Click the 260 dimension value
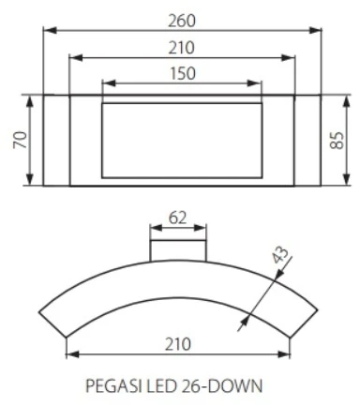(182, 21)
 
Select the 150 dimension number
(183, 74)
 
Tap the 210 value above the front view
(182, 48)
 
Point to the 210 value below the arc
(177, 344)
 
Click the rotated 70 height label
(21, 140)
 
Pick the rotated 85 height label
(337, 141)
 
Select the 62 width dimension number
(177, 218)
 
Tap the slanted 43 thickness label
(280, 255)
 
